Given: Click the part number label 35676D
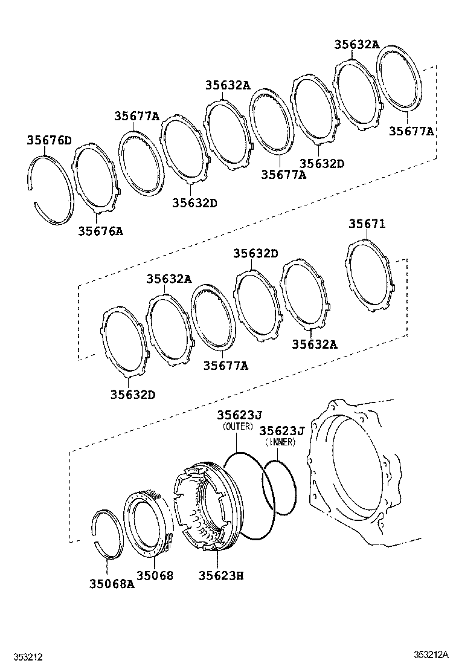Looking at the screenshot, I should tap(49, 141).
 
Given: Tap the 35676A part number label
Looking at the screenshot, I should tap(100, 231).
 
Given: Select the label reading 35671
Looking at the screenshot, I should tap(367, 224).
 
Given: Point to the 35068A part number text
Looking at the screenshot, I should tap(112, 584).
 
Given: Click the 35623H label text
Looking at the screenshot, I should tap(221, 576).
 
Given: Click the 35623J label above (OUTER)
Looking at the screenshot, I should tap(239, 415).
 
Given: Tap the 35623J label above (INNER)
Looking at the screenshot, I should tap(281, 430).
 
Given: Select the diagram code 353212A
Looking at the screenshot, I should tap(431, 654).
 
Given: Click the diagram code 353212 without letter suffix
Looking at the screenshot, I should tap(25, 656).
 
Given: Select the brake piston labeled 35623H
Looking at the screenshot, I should tap(205, 507).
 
